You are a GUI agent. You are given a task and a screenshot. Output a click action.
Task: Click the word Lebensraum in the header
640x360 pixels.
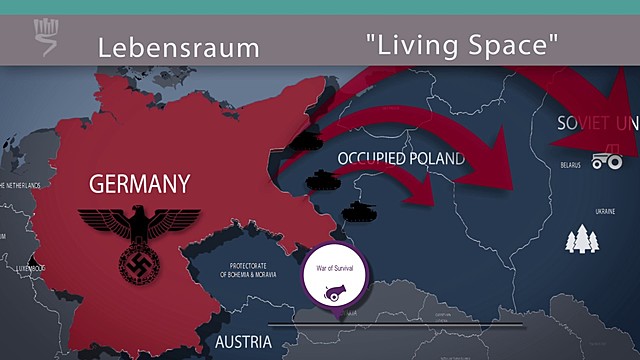(178, 47)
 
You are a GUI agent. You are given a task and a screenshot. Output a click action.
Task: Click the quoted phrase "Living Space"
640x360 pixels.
(461, 45)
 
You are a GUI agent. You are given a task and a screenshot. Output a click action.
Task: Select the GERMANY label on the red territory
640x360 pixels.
(139, 184)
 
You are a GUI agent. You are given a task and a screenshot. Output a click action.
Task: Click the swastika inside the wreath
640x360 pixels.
(138, 264)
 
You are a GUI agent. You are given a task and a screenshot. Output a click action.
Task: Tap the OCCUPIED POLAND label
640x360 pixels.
(401, 158)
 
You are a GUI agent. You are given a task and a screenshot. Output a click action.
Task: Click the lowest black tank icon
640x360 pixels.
(357, 211)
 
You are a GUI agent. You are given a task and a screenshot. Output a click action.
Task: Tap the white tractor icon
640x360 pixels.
(606, 159)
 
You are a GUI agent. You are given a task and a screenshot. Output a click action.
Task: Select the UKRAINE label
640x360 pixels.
(606, 212)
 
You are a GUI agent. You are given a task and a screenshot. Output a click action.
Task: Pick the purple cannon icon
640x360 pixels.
(334, 291)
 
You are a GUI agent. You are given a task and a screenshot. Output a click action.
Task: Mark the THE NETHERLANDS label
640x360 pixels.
(20, 186)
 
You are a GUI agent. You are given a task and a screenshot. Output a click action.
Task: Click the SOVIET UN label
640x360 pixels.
(597, 124)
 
